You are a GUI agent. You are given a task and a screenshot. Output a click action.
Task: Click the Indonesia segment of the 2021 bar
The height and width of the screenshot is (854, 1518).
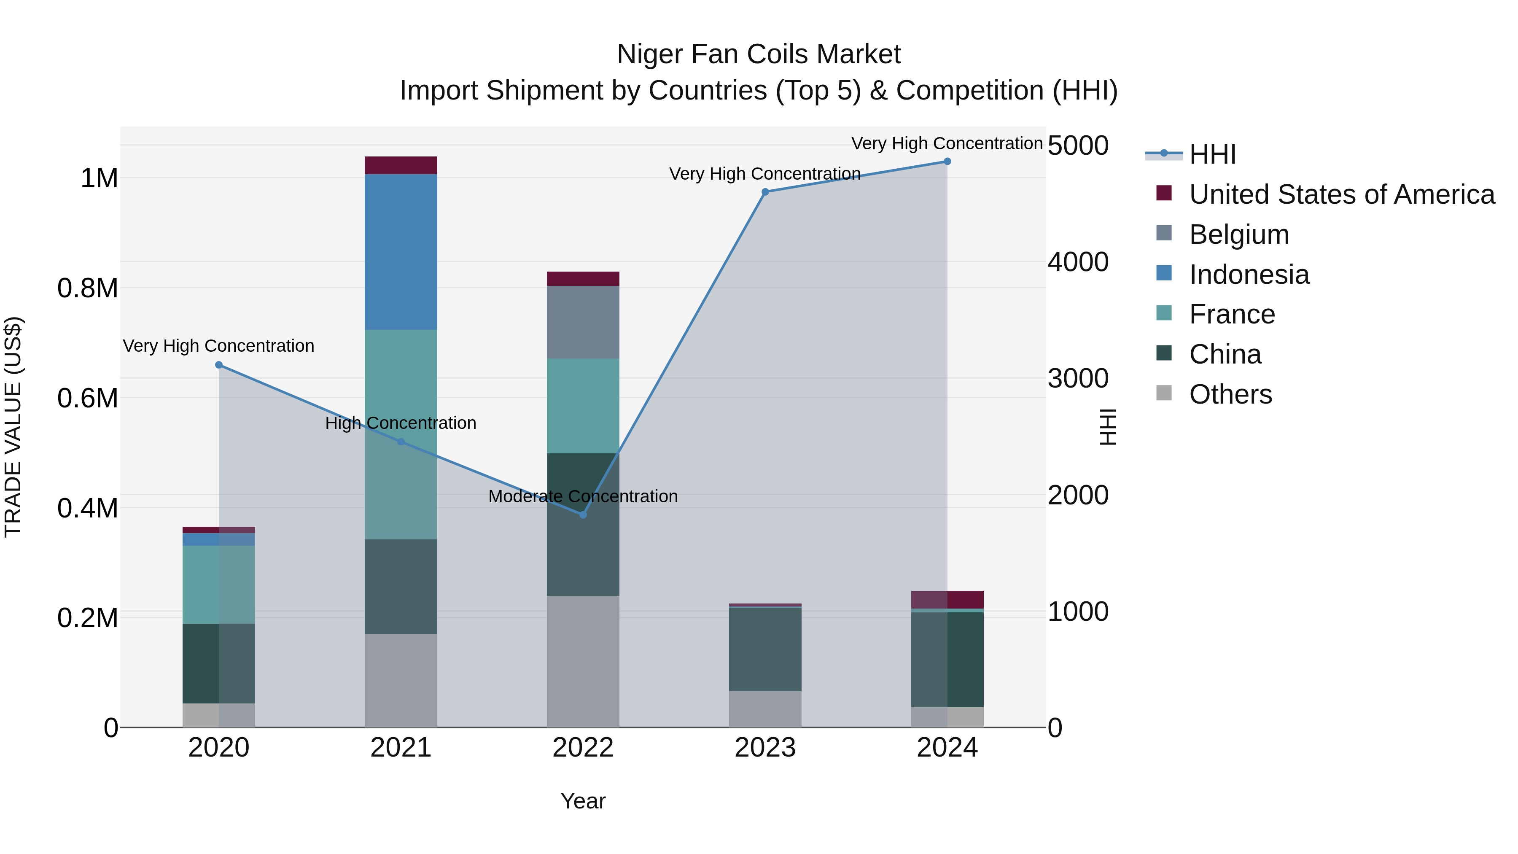click(x=401, y=252)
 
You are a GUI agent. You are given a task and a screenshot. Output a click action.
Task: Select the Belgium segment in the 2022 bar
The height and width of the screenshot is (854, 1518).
click(x=583, y=322)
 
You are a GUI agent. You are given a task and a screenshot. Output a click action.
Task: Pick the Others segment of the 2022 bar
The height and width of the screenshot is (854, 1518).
click(x=583, y=661)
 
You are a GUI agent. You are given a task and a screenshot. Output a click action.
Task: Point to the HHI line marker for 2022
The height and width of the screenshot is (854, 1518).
click(x=583, y=515)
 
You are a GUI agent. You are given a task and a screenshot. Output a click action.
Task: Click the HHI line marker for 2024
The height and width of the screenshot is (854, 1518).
click(x=947, y=162)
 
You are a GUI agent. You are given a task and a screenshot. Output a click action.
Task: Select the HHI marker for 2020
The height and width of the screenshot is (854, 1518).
click(x=218, y=365)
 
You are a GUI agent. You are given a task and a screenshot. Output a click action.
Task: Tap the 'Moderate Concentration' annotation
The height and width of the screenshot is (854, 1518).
click(x=583, y=496)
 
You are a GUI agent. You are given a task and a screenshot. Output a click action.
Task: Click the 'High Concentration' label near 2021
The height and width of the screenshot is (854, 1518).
click(x=401, y=423)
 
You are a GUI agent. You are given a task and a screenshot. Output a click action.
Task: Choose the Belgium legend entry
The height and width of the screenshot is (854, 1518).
click(x=1239, y=234)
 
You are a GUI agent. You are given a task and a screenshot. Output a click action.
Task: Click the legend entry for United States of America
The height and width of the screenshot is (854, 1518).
click(x=1341, y=194)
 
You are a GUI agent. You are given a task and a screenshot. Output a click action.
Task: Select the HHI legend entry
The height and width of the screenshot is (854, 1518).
click(x=1212, y=154)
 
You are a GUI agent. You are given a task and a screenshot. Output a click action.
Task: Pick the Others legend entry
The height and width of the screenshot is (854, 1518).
click(x=1230, y=394)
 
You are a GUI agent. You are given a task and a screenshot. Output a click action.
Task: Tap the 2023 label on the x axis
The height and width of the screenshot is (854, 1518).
click(x=765, y=748)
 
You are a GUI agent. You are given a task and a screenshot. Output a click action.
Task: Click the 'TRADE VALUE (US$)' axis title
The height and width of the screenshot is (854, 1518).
click(x=13, y=427)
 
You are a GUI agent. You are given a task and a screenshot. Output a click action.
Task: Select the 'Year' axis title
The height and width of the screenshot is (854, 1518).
click(x=583, y=801)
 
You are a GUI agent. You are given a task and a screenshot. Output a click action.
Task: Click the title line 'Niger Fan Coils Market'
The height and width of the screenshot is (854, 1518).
click(x=759, y=54)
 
